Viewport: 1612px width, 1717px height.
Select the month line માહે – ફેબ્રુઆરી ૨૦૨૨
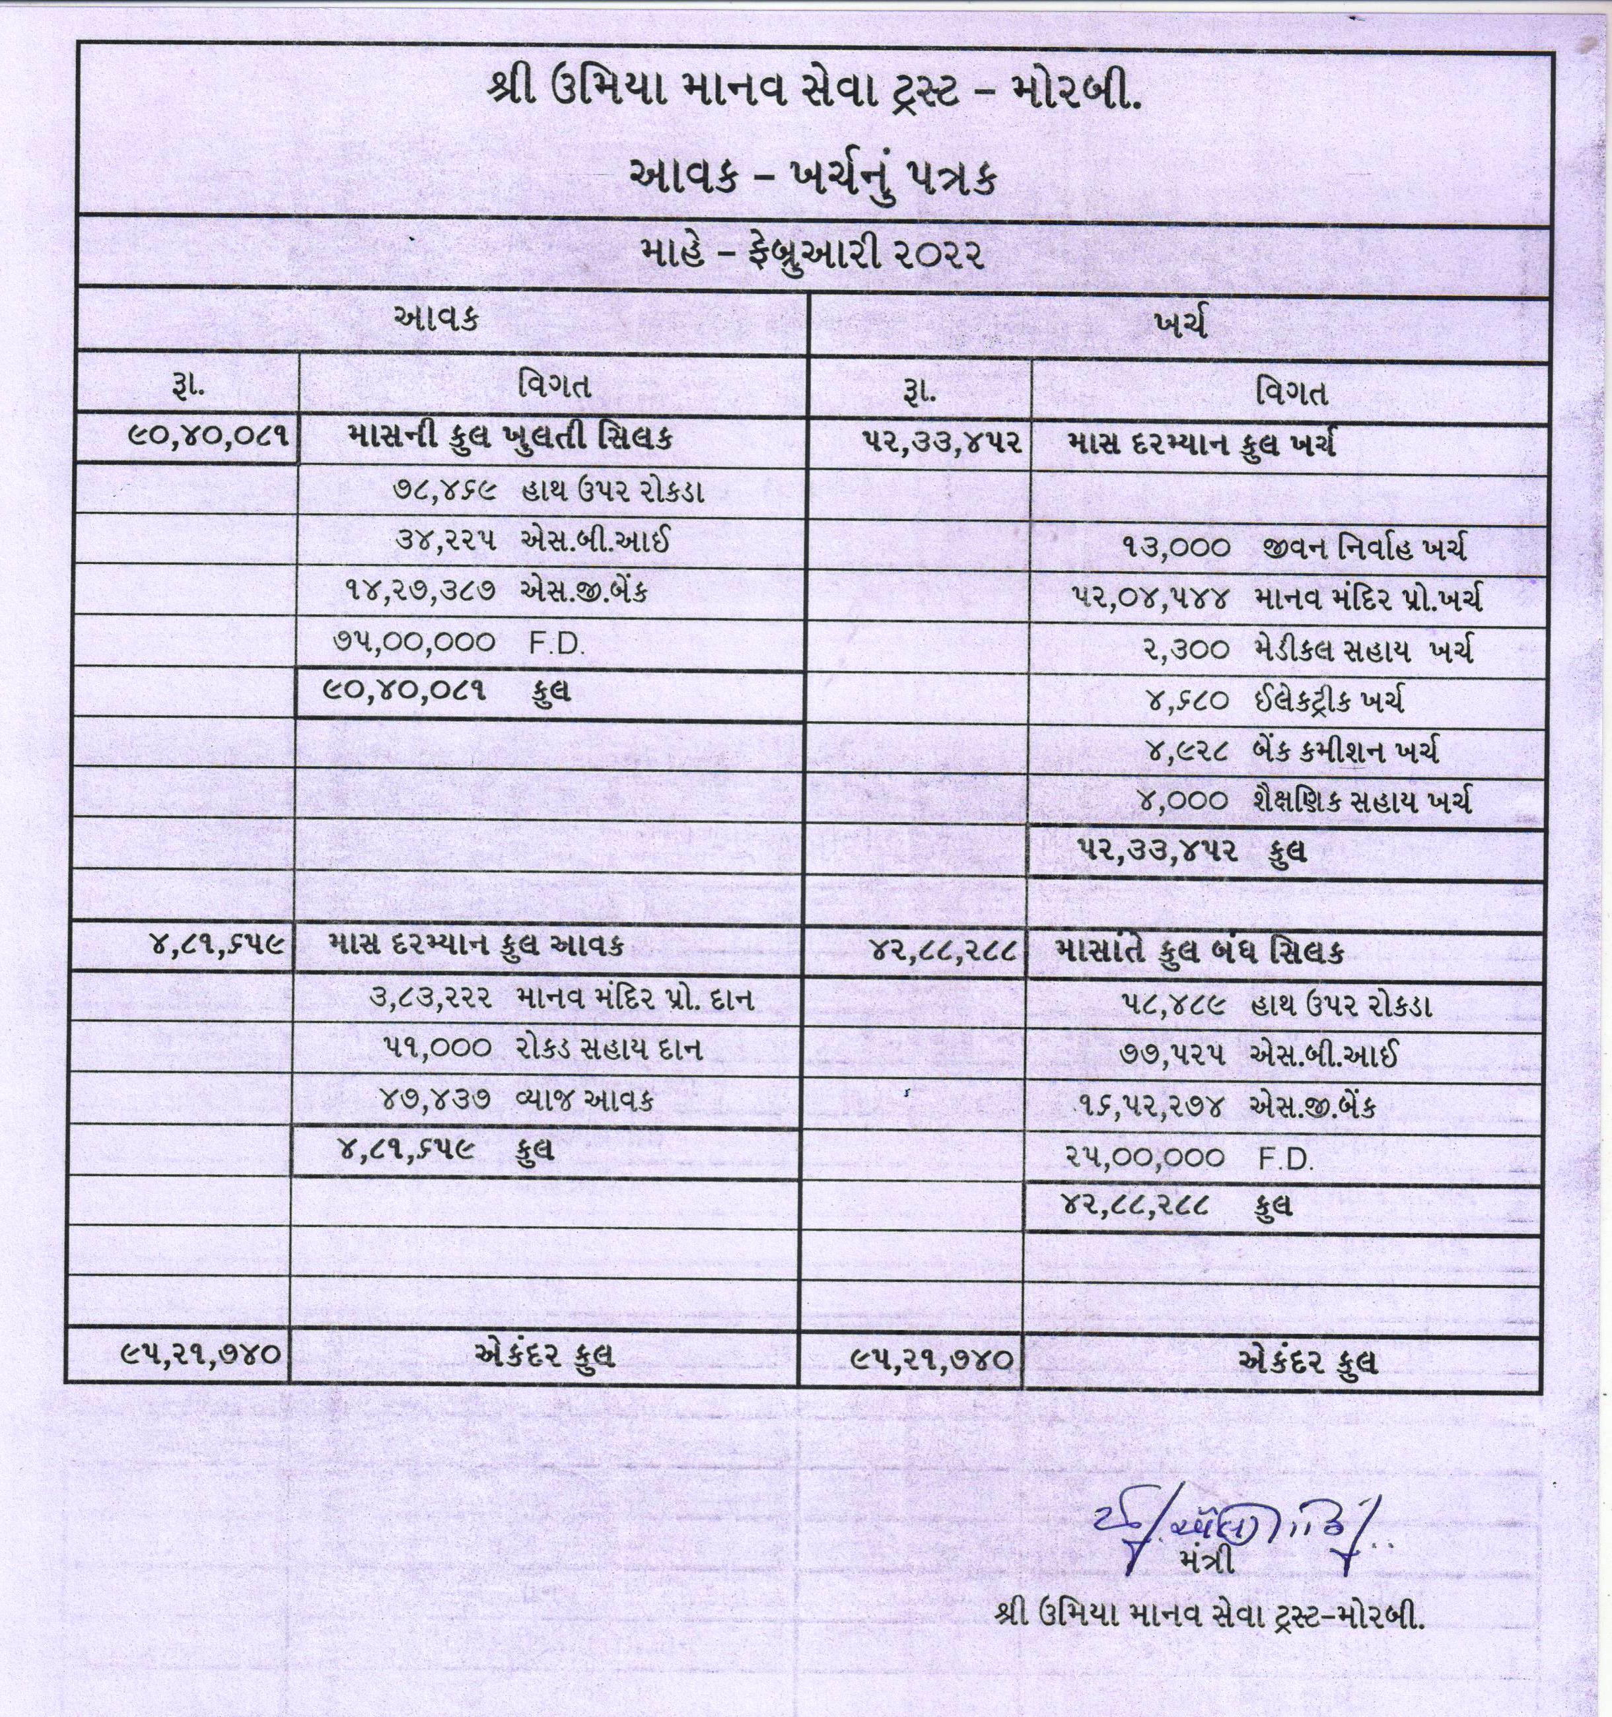[x=812, y=255]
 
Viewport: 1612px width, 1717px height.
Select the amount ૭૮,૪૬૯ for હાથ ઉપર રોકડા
[x=446, y=490]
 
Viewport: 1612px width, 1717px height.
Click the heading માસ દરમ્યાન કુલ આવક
[x=477, y=945]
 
